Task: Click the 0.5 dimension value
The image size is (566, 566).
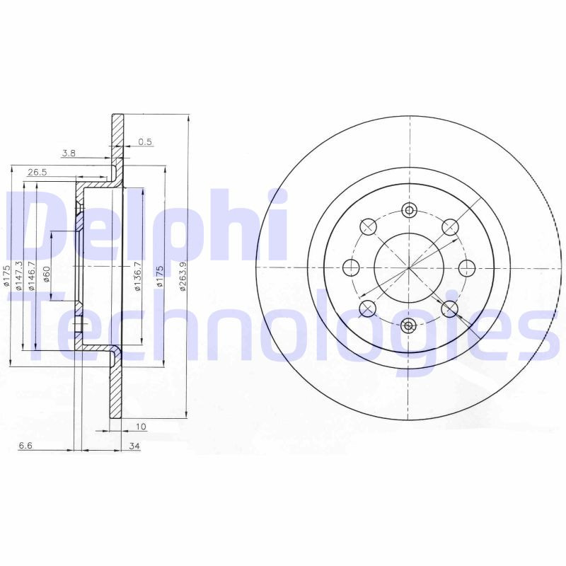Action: click(145, 141)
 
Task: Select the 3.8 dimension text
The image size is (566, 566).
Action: click(69, 153)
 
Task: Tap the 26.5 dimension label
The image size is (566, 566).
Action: click(37, 172)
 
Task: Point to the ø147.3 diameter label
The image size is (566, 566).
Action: click(18, 277)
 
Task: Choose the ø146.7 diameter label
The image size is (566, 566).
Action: click(31, 277)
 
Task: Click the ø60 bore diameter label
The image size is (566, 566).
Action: click(47, 274)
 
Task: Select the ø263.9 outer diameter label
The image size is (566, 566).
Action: click(183, 277)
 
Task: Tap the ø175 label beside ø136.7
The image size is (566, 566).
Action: click(161, 277)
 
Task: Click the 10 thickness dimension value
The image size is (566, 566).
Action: click(141, 427)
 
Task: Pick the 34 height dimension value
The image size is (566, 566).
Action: click(134, 446)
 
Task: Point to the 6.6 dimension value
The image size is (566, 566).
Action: click(25, 446)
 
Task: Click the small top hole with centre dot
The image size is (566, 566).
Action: click(409, 209)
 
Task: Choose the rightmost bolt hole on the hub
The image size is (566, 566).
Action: click(467, 267)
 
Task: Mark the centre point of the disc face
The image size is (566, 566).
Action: click(409, 267)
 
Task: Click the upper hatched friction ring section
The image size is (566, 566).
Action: click(117, 149)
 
